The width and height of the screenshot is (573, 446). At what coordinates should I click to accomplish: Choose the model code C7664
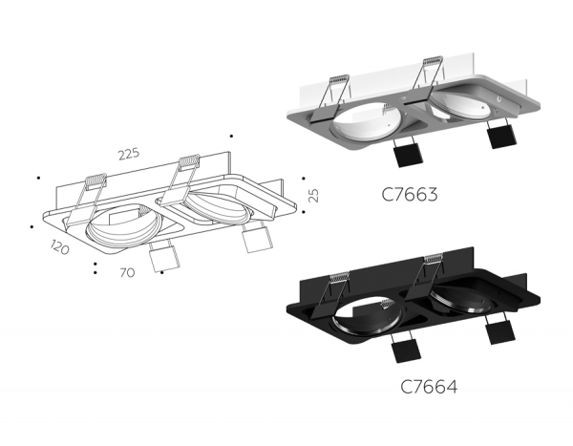427,388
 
